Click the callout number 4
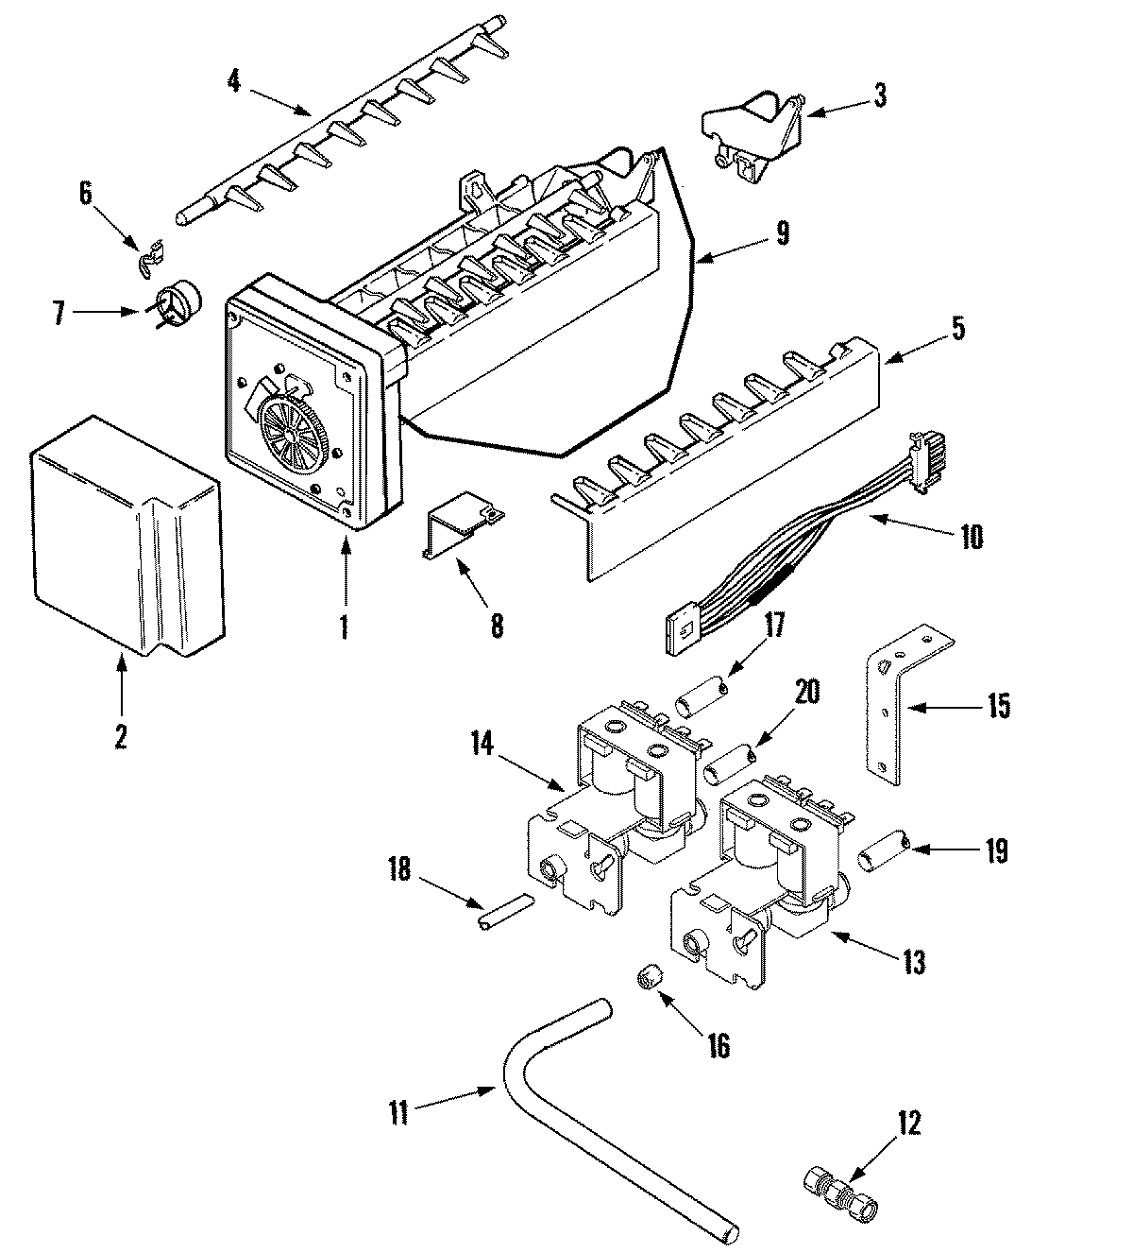click(233, 79)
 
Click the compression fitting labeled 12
click(841, 1184)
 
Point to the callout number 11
click(398, 1112)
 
